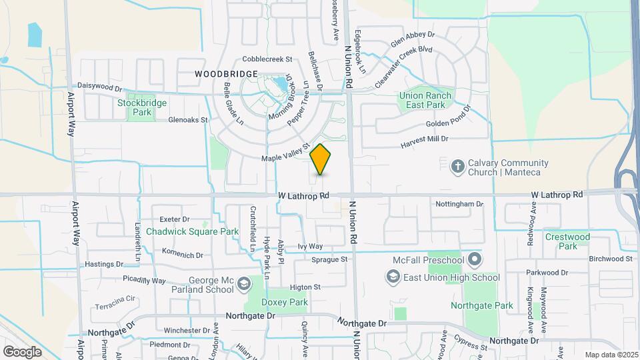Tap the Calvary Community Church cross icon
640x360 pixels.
tap(457, 165)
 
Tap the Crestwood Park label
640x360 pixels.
tap(567, 241)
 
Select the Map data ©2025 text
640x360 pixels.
tap(611, 354)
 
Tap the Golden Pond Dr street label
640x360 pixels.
tap(448, 125)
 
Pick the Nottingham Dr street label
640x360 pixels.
tap(458, 203)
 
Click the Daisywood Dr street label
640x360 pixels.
tap(100, 87)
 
